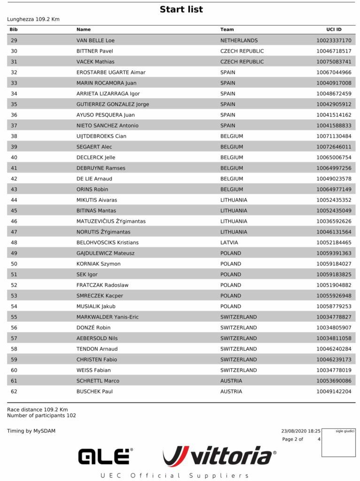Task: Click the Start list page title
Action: tap(181, 9)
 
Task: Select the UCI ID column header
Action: tap(334, 30)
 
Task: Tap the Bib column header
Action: tap(14, 30)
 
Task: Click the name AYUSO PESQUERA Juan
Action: tap(106, 115)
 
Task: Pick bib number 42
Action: tap(14, 178)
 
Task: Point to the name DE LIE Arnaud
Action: tap(94, 178)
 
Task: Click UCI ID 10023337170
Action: tap(334, 40)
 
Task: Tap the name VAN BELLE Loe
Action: tap(95, 40)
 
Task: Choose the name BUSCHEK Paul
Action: tap(94, 391)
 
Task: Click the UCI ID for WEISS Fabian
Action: tap(334, 370)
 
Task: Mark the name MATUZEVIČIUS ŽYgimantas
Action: tap(111, 221)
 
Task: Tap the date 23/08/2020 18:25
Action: tap(300, 431)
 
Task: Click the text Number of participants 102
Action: tap(41, 415)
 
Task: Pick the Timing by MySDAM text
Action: tap(31, 431)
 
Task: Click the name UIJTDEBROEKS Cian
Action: tap(101, 136)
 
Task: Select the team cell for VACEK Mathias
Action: tap(242, 62)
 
